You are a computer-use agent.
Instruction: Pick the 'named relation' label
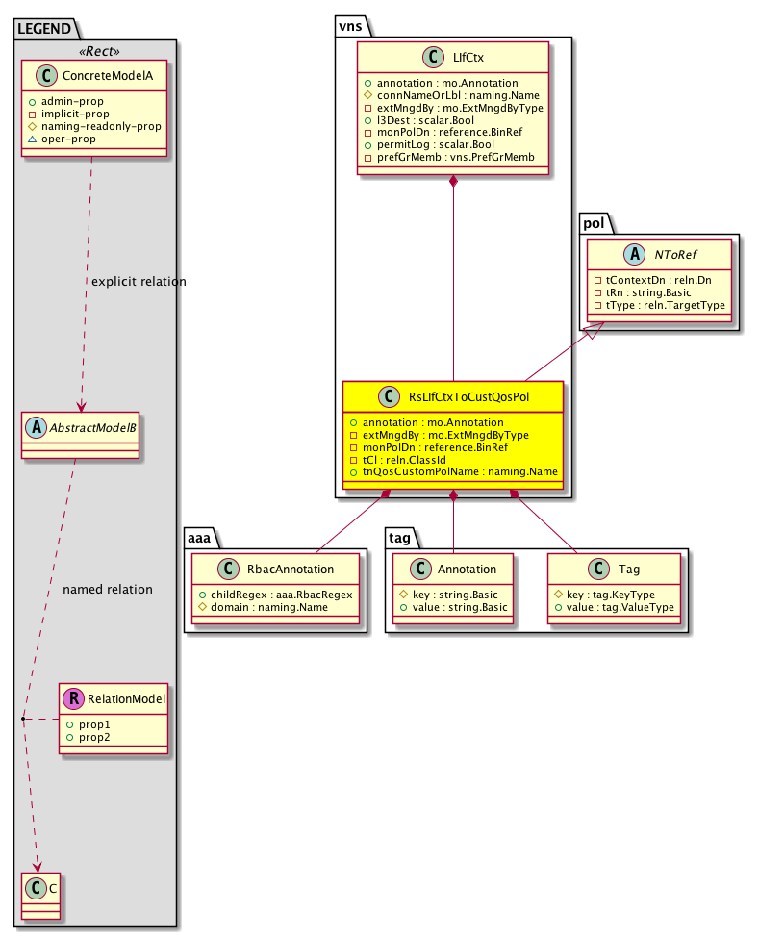107,589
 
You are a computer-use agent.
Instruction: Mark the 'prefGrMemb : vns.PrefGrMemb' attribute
449,156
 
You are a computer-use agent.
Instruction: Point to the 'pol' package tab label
592,223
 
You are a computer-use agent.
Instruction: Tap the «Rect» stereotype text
96,51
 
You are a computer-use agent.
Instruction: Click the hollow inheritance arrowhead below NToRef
597,330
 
